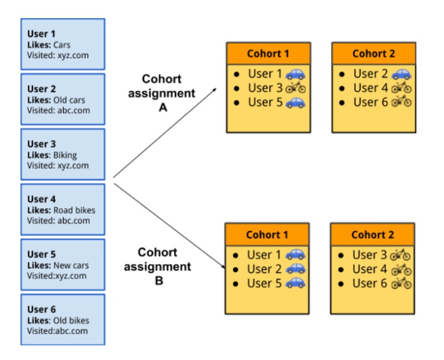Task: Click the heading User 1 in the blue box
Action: [x=41, y=34]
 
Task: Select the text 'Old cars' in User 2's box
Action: [x=69, y=100]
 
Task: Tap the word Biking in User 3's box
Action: [x=65, y=155]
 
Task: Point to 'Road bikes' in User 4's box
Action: [x=74, y=210]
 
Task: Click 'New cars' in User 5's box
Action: [x=71, y=265]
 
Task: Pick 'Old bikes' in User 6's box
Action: [x=71, y=320]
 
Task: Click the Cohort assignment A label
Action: [x=161, y=93]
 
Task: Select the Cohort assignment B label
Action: [x=157, y=266]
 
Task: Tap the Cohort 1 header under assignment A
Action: [x=268, y=53]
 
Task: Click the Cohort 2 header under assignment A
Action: [x=374, y=53]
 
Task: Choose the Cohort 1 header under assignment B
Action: [x=267, y=235]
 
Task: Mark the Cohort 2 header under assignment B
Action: [x=373, y=235]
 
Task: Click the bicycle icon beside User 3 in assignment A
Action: [x=295, y=88]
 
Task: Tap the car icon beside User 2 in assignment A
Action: [x=401, y=74]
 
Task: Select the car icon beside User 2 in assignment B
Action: [x=295, y=269]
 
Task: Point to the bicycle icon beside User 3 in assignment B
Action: [x=400, y=255]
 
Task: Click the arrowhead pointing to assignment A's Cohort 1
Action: [x=215, y=89]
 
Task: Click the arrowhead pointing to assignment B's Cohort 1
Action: [x=223, y=266]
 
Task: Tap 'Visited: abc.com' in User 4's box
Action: [x=58, y=221]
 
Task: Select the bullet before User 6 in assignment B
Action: [x=341, y=284]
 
